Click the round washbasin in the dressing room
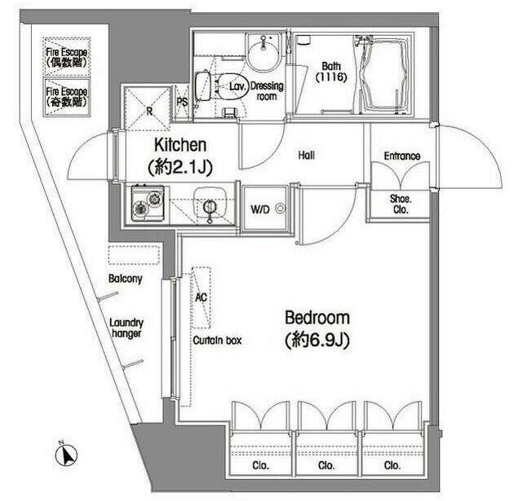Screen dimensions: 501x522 263,58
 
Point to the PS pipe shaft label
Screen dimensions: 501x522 181,103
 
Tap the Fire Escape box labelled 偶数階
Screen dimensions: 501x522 67,57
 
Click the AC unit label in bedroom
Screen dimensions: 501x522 201,297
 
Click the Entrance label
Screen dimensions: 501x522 401,156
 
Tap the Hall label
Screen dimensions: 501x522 307,155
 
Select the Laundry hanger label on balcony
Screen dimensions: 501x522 126,327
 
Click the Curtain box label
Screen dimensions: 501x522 216,341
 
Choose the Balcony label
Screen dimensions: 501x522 126,279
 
